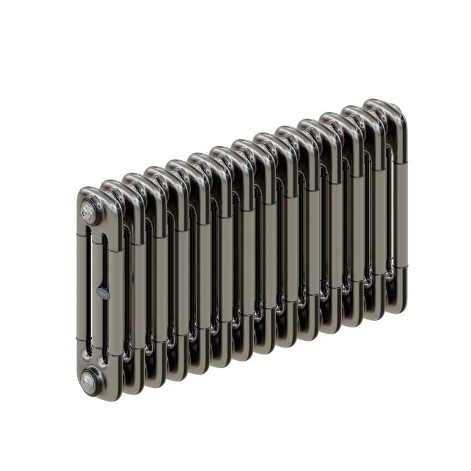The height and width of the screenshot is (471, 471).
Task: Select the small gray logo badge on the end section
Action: point(103,291)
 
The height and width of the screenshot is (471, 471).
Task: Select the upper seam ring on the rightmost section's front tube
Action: point(400,162)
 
